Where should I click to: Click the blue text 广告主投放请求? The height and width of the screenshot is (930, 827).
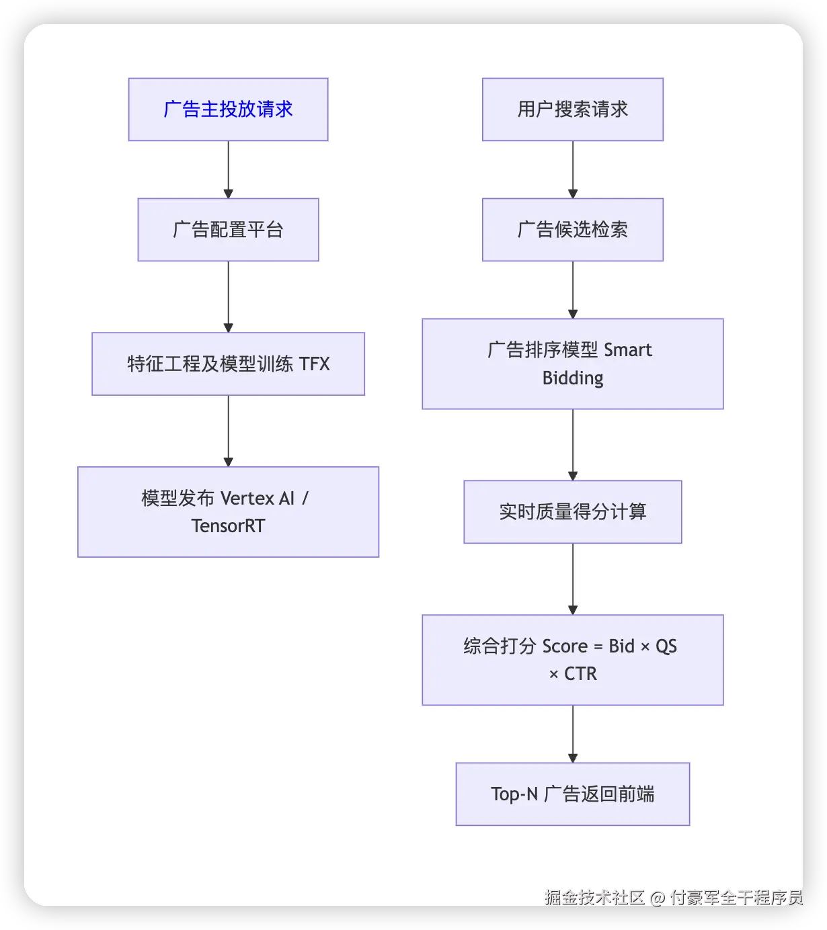228,110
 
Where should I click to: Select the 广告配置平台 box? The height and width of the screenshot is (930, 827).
228,230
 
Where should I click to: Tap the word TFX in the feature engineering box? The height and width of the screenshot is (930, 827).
314,364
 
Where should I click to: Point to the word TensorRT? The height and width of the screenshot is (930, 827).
228,525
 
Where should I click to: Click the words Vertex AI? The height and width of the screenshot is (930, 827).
258,498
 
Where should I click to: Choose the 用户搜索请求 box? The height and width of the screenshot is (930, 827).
572,110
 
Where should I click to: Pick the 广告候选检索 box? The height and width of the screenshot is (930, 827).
572,230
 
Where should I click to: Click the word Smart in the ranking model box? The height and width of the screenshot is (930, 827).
627,350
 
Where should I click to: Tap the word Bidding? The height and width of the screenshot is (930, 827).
572,378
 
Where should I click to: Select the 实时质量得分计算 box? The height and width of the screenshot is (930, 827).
572,512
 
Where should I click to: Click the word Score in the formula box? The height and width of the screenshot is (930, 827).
565,646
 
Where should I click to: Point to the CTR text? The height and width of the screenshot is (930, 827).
580,674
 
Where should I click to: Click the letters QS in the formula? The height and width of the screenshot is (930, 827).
666,646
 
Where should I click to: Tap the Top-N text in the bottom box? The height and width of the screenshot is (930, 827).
514,794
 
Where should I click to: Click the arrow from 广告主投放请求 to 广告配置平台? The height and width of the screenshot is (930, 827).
228,169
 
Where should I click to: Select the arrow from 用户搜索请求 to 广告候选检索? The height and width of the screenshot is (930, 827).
572,169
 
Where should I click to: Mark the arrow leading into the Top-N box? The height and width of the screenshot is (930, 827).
572,734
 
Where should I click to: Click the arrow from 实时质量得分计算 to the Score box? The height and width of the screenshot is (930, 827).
572,579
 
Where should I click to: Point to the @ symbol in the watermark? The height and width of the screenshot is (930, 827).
658,898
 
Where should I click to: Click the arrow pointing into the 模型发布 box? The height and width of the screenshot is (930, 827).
228,431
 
